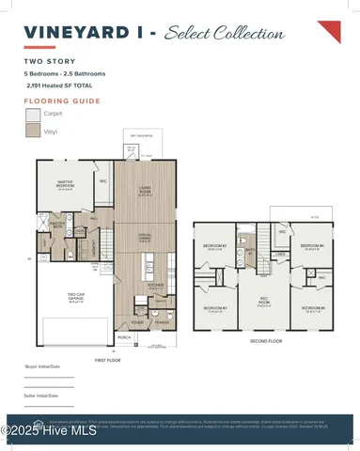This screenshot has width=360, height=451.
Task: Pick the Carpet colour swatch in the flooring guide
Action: tap(33, 114)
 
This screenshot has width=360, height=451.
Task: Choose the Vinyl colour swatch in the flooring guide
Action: tap(33, 132)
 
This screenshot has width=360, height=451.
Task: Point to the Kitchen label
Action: tap(156, 284)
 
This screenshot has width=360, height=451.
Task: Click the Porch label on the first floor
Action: tap(124, 336)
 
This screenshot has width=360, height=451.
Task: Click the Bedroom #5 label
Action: tap(312, 307)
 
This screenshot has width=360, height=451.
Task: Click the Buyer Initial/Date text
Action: tap(41, 366)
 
